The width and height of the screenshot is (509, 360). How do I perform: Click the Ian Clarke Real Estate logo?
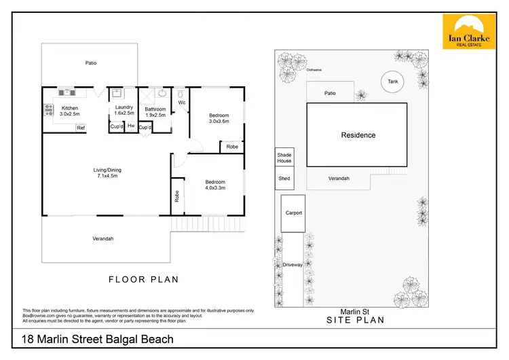(469, 32)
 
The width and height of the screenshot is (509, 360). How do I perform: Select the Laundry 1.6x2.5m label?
(123, 109)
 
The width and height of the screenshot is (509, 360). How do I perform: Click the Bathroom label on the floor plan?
(155, 112)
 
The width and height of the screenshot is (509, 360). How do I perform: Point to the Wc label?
(182, 103)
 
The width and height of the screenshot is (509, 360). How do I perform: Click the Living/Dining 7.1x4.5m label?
(107, 173)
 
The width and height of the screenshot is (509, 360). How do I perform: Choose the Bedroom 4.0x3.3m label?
(215, 185)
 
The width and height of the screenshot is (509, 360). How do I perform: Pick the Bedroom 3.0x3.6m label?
(219, 118)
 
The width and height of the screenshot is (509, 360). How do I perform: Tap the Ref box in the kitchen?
(80, 128)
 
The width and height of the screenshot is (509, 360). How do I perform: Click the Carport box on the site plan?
(293, 213)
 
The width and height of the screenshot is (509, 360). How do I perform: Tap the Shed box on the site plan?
(284, 179)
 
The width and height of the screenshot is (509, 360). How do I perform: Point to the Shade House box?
(284, 158)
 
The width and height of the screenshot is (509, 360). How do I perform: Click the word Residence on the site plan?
(358, 135)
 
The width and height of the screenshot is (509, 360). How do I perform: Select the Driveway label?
(293, 265)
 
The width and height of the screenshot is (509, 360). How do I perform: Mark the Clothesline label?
(314, 69)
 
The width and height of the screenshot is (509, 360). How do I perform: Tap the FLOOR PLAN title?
(144, 278)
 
